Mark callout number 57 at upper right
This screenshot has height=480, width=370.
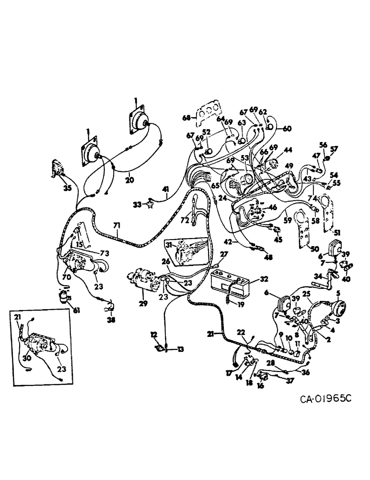click(x=334, y=149)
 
